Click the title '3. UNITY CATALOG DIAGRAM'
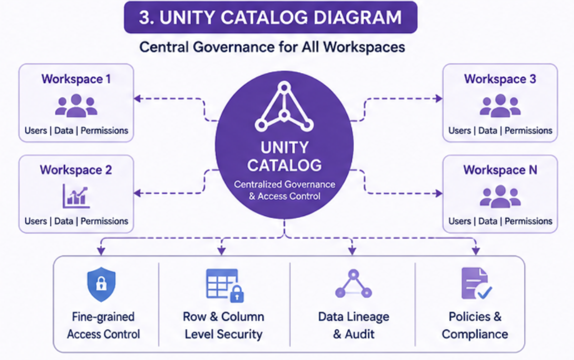(270, 17)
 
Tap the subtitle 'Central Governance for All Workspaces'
(272, 47)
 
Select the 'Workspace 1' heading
(76, 79)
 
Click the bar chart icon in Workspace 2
(76, 196)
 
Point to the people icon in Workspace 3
(500, 106)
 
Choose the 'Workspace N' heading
(500, 170)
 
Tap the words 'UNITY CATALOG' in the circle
(284, 156)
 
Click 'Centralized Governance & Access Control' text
(284, 190)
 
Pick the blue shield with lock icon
(101, 284)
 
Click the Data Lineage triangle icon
(353, 284)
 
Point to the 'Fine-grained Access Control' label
(103, 325)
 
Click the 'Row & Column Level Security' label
(223, 325)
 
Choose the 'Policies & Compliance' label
(475, 325)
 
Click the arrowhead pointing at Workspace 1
(137, 98)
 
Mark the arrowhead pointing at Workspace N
(438, 193)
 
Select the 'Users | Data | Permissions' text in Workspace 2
(76, 221)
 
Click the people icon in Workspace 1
(76, 106)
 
